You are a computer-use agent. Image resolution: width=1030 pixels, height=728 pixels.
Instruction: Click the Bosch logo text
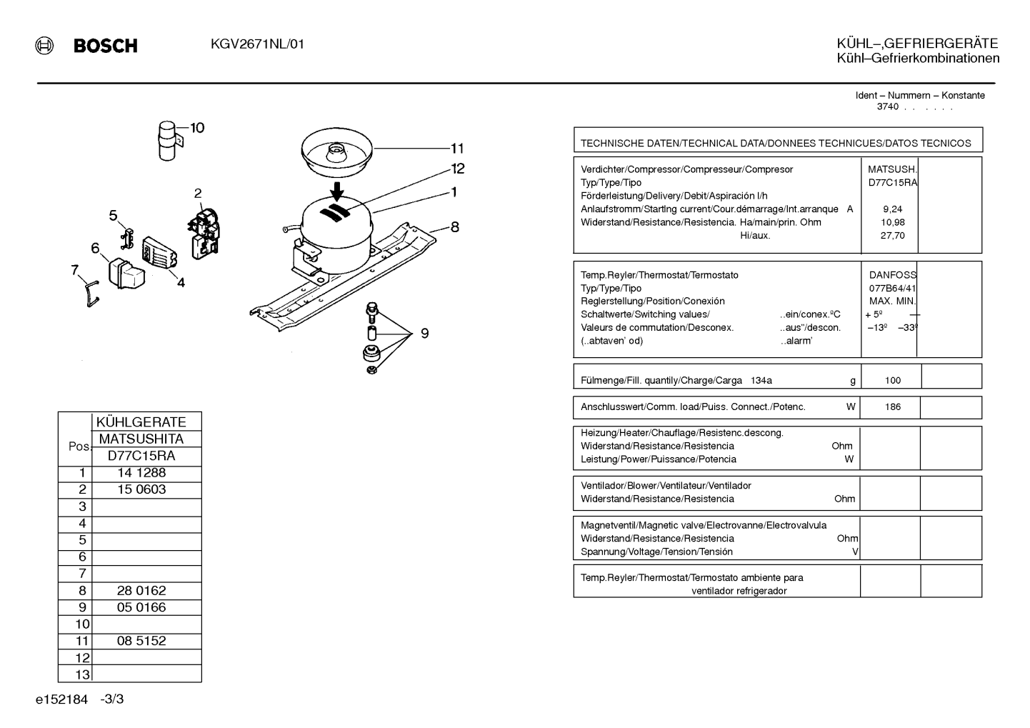tap(105, 46)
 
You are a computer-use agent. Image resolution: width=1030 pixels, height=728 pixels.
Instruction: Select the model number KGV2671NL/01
tap(257, 44)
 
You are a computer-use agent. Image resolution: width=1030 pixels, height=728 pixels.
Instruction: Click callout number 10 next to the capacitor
tap(197, 128)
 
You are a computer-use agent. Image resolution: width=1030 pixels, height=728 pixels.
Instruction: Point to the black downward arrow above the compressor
tap(338, 191)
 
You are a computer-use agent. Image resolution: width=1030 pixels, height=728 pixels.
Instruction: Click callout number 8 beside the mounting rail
tap(454, 226)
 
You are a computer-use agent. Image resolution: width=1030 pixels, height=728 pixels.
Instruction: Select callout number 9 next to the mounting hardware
tap(424, 333)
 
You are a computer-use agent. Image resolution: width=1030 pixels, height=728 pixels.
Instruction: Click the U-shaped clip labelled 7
tap(91, 295)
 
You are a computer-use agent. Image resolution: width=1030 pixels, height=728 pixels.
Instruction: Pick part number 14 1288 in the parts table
tap(141, 473)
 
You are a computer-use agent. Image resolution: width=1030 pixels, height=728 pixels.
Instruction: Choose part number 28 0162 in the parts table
tap(141, 591)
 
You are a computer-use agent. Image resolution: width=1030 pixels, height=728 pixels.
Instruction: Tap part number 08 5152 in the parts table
tap(141, 641)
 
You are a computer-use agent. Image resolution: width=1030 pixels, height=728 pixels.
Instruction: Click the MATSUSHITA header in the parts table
tap(141, 439)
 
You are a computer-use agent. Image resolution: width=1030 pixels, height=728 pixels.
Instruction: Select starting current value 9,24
tap(893, 209)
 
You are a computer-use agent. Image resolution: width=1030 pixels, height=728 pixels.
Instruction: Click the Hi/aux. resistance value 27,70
tap(893, 236)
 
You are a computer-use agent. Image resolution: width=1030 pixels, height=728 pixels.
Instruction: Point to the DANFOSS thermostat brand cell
tap(893, 275)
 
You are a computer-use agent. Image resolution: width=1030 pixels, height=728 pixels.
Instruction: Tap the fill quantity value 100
tap(893, 380)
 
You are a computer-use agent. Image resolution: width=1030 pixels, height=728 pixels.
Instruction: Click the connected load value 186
tap(893, 407)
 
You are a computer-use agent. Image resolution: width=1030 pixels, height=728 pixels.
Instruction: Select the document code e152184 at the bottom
tap(61, 699)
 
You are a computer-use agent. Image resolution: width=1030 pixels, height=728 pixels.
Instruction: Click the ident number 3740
tap(887, 106)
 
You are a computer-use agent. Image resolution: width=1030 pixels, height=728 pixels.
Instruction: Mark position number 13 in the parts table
tap(82, 674)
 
